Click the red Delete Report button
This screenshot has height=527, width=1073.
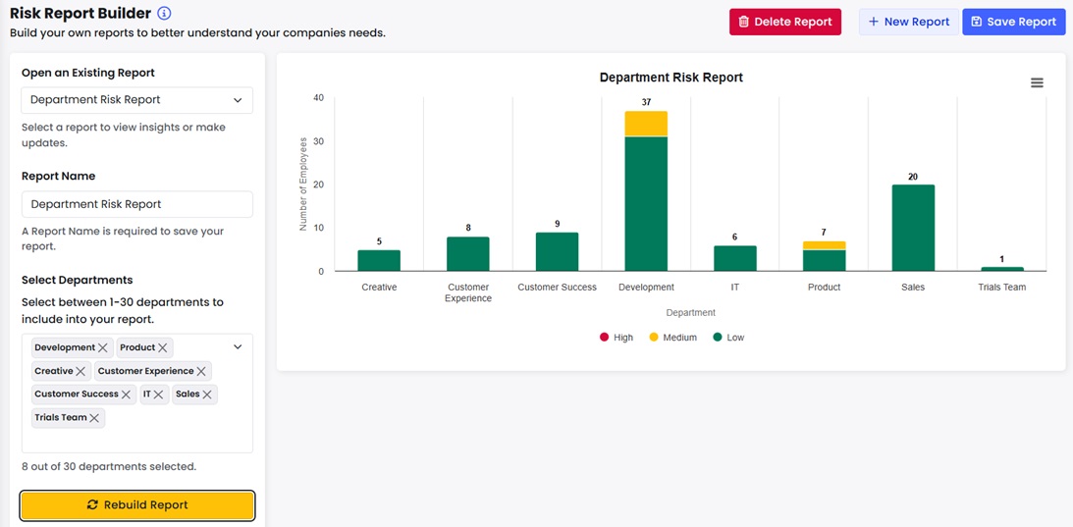(784, 22)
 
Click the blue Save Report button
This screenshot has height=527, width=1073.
(1013, 22)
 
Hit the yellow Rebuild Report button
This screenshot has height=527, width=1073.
(137, 504)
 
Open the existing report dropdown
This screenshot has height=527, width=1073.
(137, 100)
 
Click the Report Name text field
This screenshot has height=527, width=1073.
(137, 204)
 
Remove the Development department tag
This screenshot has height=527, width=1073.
(103, 347)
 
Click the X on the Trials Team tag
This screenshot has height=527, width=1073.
(94, 418)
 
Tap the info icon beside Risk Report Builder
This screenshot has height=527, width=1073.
(164, 14)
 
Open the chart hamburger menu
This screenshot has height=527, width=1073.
(1037, 83)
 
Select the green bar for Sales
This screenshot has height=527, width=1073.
(913, 228)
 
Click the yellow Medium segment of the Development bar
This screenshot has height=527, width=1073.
(646, 124)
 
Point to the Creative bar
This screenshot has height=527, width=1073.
(379, 260)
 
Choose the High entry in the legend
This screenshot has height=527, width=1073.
(617, 338)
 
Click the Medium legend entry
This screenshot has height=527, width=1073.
(672, 338)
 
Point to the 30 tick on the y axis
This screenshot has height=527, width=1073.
(318, 141)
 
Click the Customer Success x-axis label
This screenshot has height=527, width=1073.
(557, 288)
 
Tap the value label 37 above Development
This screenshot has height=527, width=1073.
(646, 102)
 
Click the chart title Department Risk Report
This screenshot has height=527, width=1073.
(671, 78)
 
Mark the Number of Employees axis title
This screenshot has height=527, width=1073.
(303, 184)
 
